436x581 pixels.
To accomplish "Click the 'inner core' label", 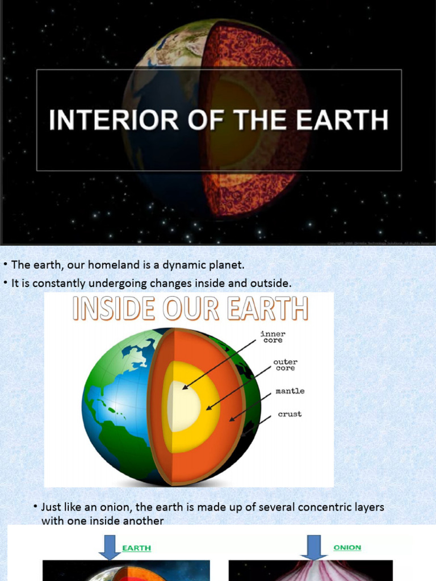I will click(272, 336).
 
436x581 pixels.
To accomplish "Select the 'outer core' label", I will click(285, 365).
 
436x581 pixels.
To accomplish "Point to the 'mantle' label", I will click(290, 391).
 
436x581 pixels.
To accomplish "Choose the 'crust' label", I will click(290, 414).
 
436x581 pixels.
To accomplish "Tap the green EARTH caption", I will click(137, 548).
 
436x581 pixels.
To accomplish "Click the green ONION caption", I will click(347, 548).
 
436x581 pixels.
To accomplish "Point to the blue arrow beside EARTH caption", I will click(110, 546).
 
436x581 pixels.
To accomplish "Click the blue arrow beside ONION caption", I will click(312, 546).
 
